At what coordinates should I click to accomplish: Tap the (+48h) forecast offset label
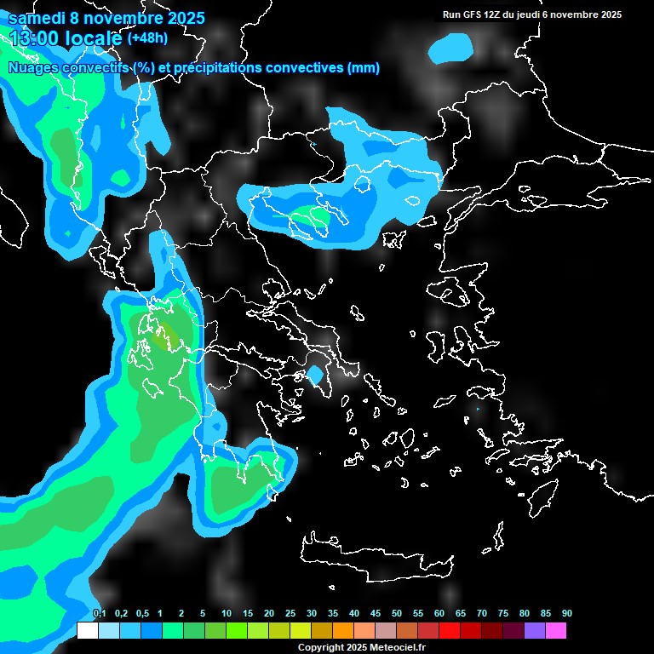[147, 37]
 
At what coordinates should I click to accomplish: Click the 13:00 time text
[37, 37]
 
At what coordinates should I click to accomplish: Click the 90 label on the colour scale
[566, 614]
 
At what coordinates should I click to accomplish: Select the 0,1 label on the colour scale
[99, 614]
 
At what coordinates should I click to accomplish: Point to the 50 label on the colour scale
[397, 614]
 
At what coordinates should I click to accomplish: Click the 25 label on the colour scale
[290, 614]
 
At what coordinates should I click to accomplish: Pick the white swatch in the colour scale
[87, 631]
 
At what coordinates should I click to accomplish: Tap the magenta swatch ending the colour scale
[556, 631]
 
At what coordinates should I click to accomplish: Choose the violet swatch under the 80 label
[535, 631]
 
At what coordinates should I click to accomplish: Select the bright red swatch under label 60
[450, 631]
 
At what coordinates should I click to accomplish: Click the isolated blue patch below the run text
[451, 49]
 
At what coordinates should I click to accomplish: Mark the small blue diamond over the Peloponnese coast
[316, 374]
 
